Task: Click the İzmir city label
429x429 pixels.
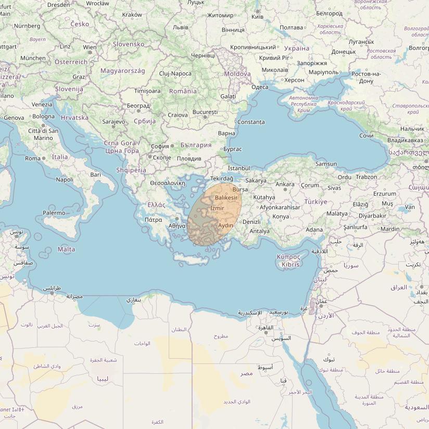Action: coord(217,208)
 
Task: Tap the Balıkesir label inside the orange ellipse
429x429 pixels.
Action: coord(226,198)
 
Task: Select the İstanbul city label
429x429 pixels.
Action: coord(239,168)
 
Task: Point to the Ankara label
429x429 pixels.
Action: coord(285,184)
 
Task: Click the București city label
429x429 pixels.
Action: coord(205,112)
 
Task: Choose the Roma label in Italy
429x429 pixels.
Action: coord(33,158)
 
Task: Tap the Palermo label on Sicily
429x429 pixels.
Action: coord(54,213)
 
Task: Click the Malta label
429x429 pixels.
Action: coord(66,249)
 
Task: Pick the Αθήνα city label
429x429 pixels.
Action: coord(177,226)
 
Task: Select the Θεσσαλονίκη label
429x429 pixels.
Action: coord(168,183)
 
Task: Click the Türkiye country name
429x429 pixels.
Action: coord(316,201)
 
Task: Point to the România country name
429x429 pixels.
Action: coord(183,91)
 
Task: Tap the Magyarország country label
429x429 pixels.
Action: coord(123,71)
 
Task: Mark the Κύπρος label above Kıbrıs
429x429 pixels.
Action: coord(289,257)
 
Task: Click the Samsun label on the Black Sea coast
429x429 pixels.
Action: coord(326,164)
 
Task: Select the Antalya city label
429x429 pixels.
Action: coord(260,231)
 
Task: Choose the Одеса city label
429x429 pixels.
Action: coord(260,87)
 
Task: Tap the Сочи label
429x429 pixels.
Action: coord(366,135)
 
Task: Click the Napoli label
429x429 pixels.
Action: coord(65,180)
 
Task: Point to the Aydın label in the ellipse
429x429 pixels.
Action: coord(225,225)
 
